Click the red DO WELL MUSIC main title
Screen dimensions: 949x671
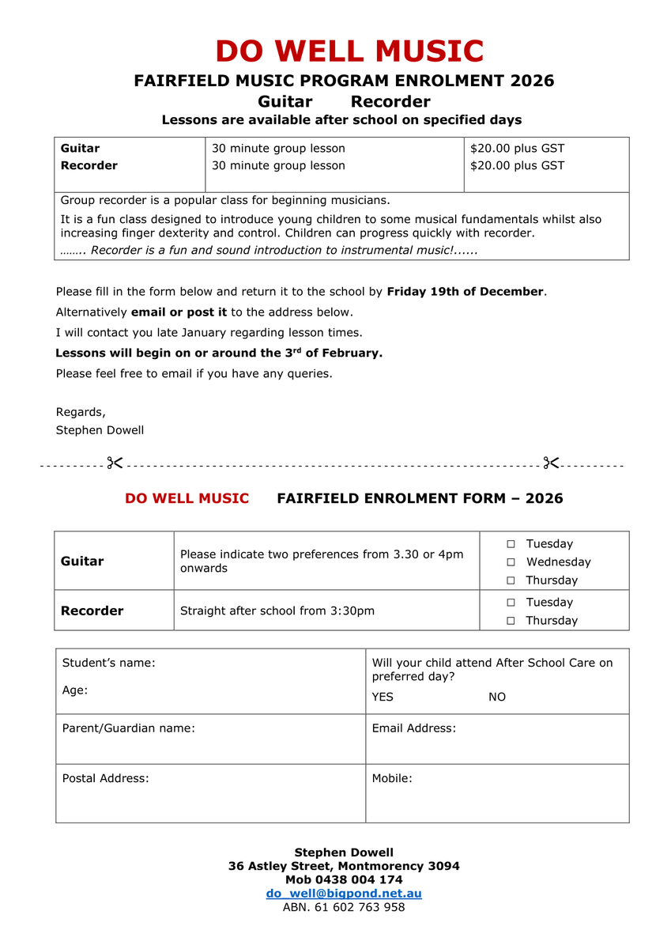349,51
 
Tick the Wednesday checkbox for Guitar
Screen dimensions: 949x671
511,562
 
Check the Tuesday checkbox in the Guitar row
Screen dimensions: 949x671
511,544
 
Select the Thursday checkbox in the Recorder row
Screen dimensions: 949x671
511,621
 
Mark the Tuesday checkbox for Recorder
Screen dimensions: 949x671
511,603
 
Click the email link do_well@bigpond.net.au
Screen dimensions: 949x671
344,894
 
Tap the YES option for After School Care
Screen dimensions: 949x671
383,697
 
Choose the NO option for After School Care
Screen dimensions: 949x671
497,697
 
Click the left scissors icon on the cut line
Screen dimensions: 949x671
115,463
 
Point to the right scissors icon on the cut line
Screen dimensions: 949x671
551,463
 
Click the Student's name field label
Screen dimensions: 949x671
109,663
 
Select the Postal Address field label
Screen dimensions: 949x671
105,778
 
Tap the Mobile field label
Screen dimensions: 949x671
392,778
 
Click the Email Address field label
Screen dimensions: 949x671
413,728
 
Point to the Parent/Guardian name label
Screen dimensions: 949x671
128,728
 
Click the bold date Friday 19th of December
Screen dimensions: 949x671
465,292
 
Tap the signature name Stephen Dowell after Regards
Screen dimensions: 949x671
100,430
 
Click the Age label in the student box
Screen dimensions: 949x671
75,690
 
